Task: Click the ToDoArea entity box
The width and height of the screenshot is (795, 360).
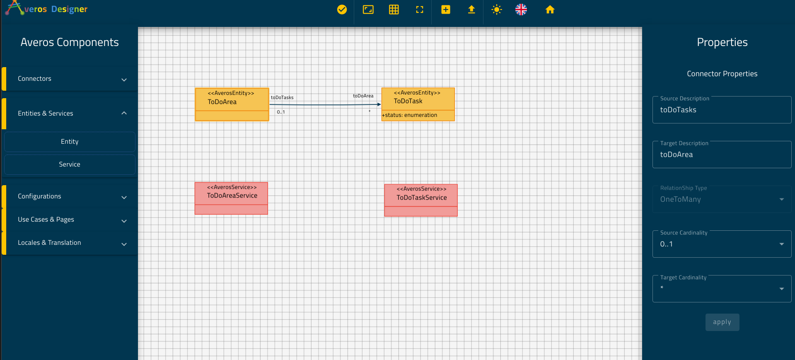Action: point(232,104)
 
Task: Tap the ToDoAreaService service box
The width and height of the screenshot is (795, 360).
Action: point(231,198)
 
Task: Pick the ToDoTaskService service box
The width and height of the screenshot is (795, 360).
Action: point(421,200)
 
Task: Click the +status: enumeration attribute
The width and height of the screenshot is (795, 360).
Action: point(409,115)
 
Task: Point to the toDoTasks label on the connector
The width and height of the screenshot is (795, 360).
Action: point(282,98)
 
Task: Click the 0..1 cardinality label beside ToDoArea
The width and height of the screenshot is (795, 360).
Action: point(281,112)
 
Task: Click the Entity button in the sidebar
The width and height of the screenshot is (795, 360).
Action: point(70,142)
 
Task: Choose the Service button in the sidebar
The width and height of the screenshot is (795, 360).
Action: point(70,164)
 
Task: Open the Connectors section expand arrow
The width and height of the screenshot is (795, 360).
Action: point(124,80)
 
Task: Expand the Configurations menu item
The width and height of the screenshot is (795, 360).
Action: point(70,196)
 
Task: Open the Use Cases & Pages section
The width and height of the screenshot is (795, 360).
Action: point(70,220)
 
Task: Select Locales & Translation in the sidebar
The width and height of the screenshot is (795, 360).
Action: point(70,243)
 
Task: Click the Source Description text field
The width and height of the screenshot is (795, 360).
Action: point(722,110)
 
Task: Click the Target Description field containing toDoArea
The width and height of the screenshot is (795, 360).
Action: point(722,155)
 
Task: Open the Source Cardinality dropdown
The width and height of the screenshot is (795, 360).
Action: point(722,244)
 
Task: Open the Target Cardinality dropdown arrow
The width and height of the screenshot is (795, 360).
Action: point(782,289)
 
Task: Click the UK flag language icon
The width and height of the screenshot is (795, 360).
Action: point(521,10)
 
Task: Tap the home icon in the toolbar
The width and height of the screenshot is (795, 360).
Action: point(550,10)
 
